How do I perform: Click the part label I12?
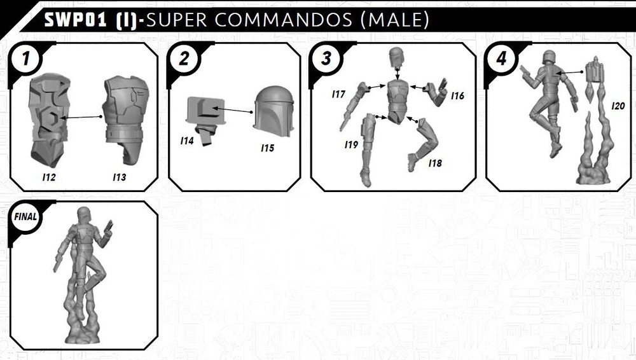(48, 178)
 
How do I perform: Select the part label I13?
(119, 178)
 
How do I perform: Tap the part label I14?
(186, 141)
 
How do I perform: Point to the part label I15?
(267, 148)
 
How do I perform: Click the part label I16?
(457, 96)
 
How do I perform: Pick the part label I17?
(338, 94)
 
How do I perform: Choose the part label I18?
(435, 163)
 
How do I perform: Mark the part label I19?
(351, 145)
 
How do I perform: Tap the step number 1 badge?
(26, 59)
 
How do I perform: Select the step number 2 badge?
(184, 59)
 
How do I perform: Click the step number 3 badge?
(326, 59)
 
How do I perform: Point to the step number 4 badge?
(502, 59)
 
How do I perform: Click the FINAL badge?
(26, 216)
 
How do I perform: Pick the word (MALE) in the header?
(394, 20)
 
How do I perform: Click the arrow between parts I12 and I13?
(83, 117)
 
